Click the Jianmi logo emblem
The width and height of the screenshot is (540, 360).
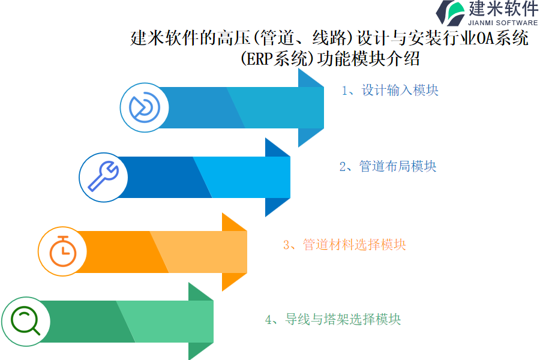(x=450, y=13)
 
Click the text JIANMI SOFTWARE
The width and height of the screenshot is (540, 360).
(x=503, y=23)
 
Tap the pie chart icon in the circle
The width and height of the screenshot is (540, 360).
(x=144, y=107)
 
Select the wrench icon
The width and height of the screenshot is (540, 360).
(x=103, y=176)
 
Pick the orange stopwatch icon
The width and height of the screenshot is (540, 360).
(x=62, y=251)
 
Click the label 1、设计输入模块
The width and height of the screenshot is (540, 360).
(x=390, y=91)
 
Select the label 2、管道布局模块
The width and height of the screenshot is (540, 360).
(x=388, y=166)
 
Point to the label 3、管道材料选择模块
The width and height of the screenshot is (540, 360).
(x=344, y=245)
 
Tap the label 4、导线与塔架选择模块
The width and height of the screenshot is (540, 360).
(x=333, y=319)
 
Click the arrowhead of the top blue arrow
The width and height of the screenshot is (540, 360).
(x=311, y=107)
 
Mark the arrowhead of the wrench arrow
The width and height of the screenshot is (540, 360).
(x=278, y=177)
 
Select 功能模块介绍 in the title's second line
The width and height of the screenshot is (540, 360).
(x=368, y=59)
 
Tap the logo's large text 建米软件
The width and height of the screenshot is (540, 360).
(x=503, y=8)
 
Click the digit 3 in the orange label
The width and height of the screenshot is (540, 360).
(x=287, y=245)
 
